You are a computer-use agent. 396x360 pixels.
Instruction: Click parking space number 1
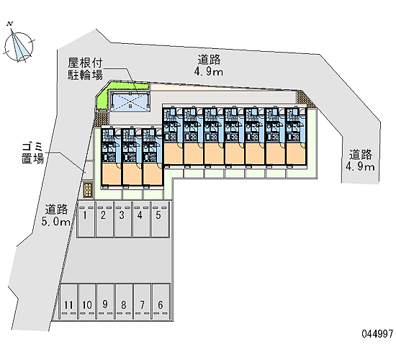pos(86,220)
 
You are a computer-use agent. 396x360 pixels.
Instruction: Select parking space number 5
pos(160,220)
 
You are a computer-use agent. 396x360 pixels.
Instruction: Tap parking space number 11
pos(68,302)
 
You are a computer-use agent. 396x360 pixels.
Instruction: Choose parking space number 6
pos(161,302)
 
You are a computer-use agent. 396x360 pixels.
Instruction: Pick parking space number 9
pos(106,302)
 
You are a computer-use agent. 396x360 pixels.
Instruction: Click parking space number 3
pos(123,220)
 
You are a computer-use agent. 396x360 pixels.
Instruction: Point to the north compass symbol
pos(18,46)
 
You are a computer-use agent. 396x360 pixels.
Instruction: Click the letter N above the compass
pos(10,24)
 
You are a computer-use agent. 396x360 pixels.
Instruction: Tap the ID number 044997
pos(377,334)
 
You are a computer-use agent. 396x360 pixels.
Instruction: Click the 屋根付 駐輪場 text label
pos(85,68)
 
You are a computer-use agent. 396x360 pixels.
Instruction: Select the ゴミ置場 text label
pos(33,153)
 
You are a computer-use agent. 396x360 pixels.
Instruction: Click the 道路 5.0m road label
pos(56,215)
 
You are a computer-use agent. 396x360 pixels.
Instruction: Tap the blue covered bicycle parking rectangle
pos(130,101)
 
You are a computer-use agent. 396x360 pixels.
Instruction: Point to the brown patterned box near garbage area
pos(88,190)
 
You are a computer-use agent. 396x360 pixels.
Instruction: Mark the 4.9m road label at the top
pos(209,66)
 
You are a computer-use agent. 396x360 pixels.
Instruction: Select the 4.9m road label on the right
pos(360,161)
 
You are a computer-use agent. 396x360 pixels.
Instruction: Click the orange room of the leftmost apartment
pos(112,174)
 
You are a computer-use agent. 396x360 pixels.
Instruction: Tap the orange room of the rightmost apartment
pos(296,153)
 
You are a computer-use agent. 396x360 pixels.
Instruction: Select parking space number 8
pos(124,302)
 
